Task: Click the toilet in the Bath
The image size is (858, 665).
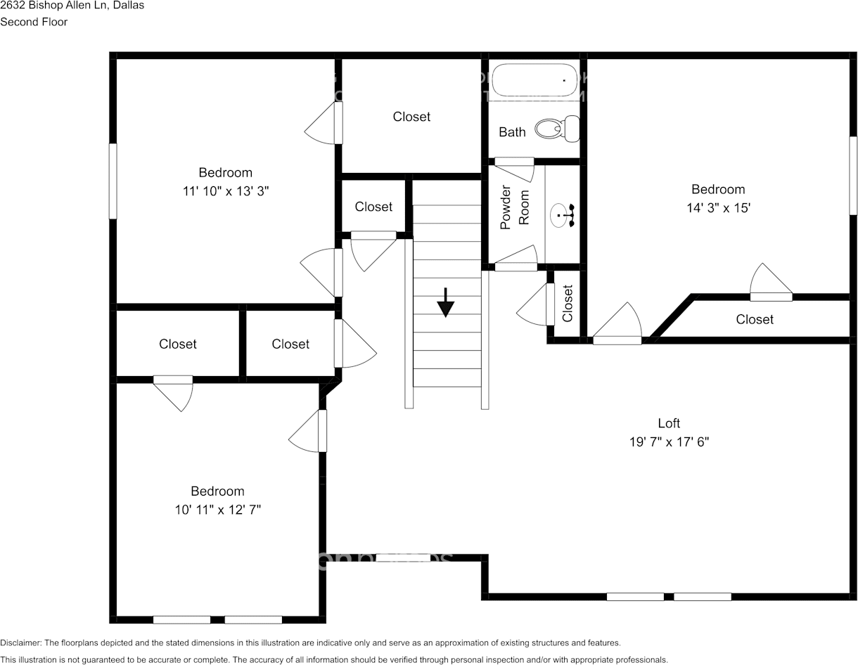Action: tap(557, 129)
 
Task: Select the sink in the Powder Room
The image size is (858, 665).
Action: tap(562, 215)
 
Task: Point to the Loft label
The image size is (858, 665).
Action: tap(668, 423)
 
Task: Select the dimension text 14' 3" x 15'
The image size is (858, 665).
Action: tap(717, 208)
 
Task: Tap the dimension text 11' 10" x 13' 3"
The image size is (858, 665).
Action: tap(225, 191)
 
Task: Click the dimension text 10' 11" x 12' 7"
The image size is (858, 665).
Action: tap(218, 510)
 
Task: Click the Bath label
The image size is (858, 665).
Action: tap(512, 132)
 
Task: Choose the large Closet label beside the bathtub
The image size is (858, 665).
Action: tap(411, 117)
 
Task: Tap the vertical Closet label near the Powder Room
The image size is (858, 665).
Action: tap(568, 303)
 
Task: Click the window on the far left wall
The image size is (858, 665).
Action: tap(112, 181)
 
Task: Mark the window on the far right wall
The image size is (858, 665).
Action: tap(853, 176)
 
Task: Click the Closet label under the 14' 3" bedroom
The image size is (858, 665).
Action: tap(754, 319)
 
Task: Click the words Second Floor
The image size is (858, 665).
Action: tap(34, 22)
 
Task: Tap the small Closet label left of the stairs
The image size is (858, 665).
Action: tap(373, 207)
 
